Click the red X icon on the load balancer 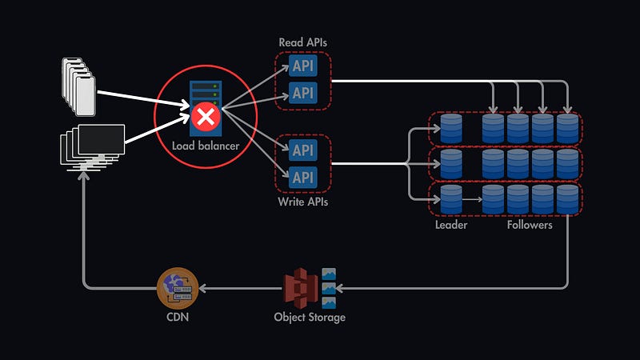(x=206, y=118)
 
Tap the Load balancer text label (x=206, y=146)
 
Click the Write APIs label (x=302, y=202)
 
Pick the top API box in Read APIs (x=303, y=66)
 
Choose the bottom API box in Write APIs (x=303, y=177)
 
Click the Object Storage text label (x=310, y=317)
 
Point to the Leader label (x=452, y=226)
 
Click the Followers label (x=530, y=226)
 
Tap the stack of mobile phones (x=78, y=86)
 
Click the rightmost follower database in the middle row (x=567, y=164)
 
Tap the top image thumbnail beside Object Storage (x=328, y=274)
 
